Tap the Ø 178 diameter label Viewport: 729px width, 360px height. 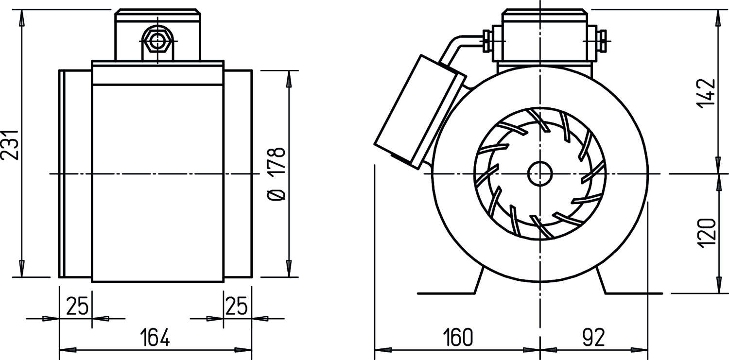(x=277, y=174)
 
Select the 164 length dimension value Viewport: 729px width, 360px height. (x=155, y=337)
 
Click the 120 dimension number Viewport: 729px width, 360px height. (x=707, y=233)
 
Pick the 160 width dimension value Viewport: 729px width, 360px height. (x=457, y=337)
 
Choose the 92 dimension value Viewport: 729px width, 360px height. (x=593, y=337)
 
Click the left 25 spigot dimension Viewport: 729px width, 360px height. (x=77, y=306)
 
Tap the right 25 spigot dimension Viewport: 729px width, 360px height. (x=236, y=306)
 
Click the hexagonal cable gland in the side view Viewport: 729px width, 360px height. (x=157, y=41)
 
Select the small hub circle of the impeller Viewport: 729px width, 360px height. (x=540, y=174)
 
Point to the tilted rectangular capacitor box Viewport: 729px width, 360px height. (x=420, y=112)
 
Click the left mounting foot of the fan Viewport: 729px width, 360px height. (x=451, y=286)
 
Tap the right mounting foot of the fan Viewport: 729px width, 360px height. (x=628, y=286)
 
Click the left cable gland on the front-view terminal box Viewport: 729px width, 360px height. (x=487, y=41)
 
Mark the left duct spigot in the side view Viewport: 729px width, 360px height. (x=75, y=174)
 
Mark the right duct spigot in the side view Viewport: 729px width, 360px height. (x=238, y=174)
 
